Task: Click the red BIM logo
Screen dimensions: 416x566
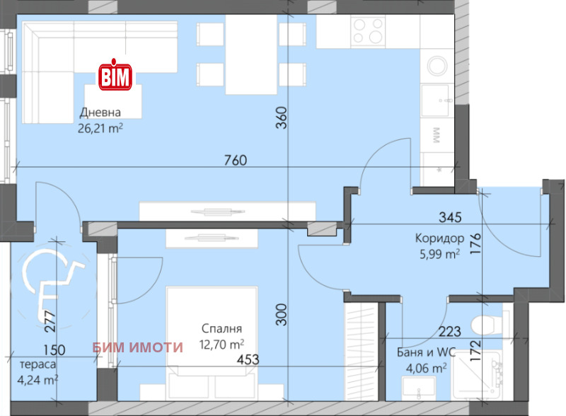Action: (114, 75)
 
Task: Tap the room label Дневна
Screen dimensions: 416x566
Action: (100, 112)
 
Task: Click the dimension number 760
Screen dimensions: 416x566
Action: (235, 160)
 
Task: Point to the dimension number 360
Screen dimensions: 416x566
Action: (281, 117)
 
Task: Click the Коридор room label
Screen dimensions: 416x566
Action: (439, 238)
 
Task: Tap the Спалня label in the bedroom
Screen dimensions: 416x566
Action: (222, 329)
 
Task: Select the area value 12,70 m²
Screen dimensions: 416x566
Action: (222, 345)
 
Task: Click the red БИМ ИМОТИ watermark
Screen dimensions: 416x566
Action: (138, 347)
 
